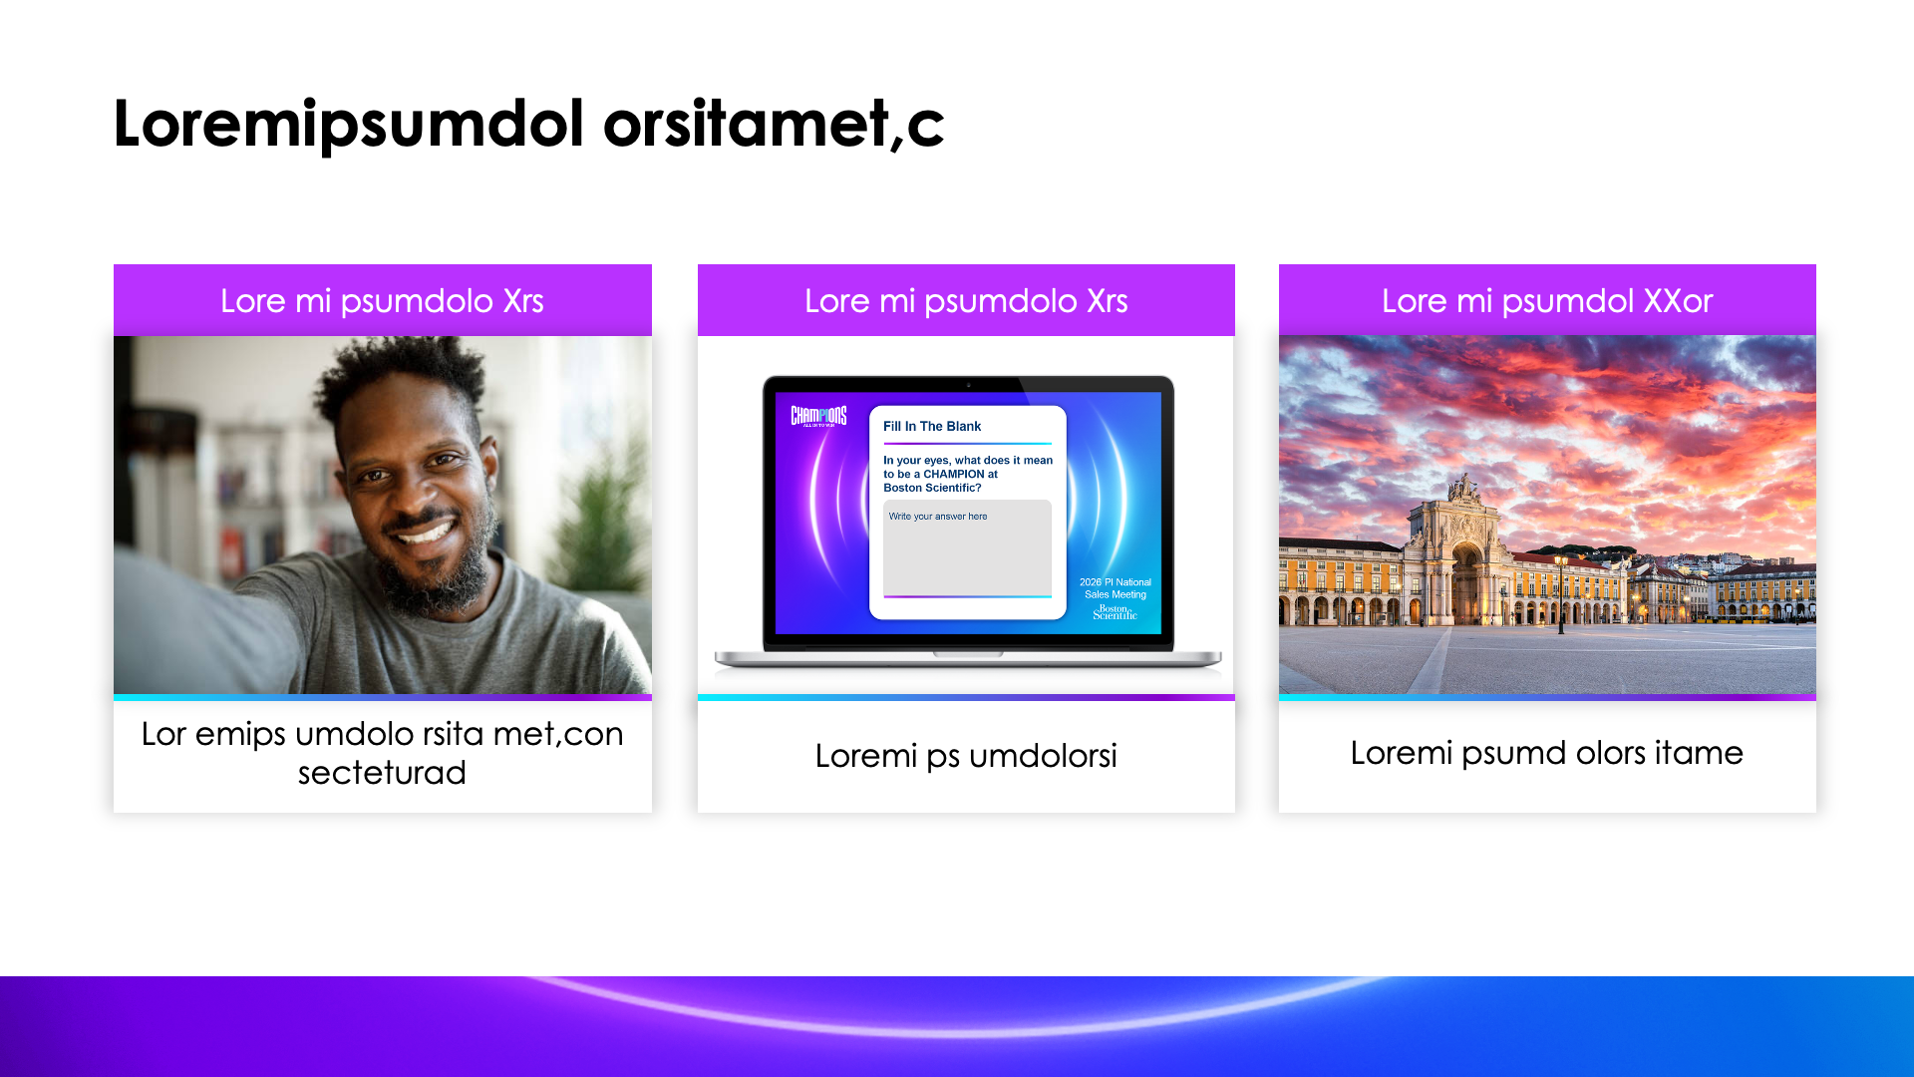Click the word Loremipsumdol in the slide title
pyautogui.click(x=348, y=125)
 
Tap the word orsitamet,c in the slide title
pyautogui.click(x=773, y=125)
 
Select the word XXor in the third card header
pyautogui.click(x=1678, y=300)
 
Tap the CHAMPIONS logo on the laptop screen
pyautogui.click(x=818, y=416)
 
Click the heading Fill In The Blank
pyautogui.click(x=931, y=426)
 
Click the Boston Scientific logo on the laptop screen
pyautogui.click(x=1115, y=612)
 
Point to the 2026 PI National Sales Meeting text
pyautogui.click(x=1115, y=588)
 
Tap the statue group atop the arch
pyautogui.click(x=1464, y=488)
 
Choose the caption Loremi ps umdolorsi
pyautogui.click(x=965, y=756)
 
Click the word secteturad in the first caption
pyautogui.click(x=382, y=773)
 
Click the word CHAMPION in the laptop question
pyautogui.click(x=953, y=474)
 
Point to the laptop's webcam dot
pyautogui.click(x=968, y=385)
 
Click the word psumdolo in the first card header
pyautogui.click(x=417, y=301)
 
